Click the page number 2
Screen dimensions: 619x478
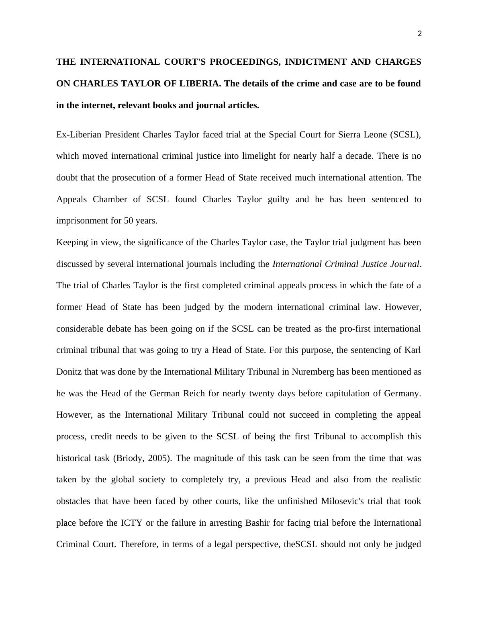tap(420, 34)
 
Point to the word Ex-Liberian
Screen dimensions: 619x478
tap(79, 135)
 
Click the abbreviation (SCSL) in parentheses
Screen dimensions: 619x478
tap(405, 135)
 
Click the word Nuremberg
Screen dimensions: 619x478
tap(313, 372)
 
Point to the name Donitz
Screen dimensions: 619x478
tap(69, 372)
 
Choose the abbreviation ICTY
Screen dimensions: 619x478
tap(131, 523)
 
